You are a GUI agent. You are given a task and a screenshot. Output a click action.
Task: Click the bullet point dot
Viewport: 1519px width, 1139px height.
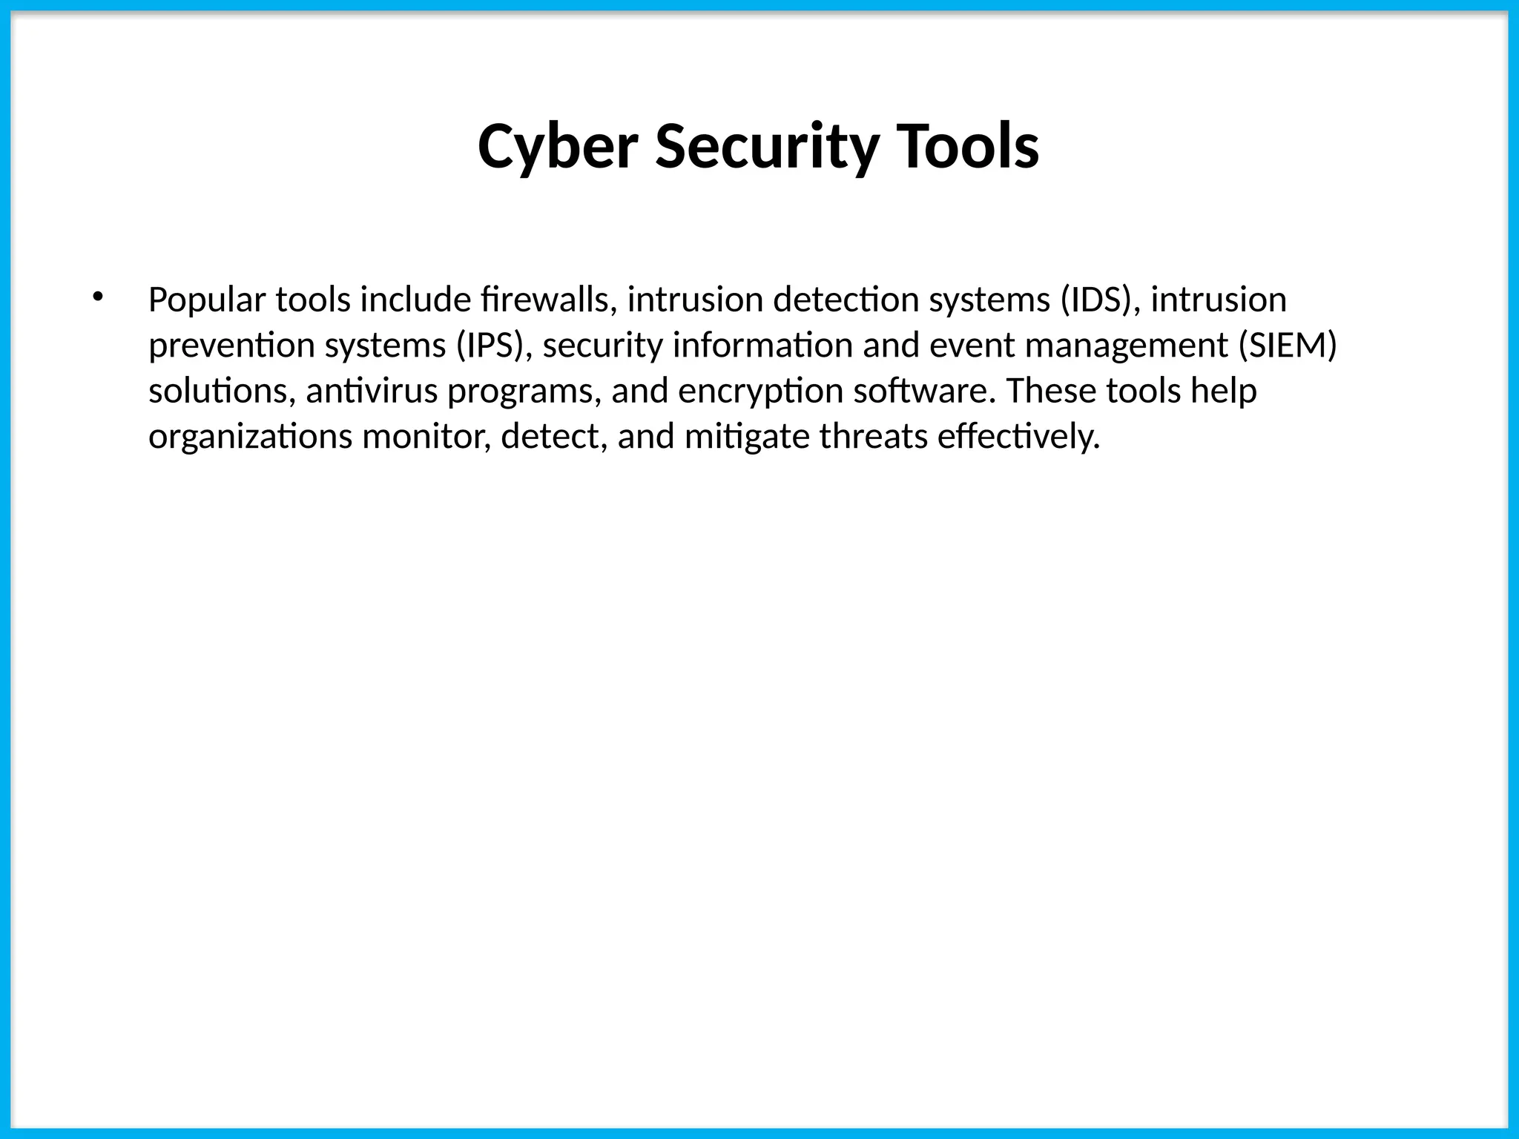pyautogui.click(x=97, y=298)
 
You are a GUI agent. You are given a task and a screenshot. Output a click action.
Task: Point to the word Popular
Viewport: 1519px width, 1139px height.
pyautogui.click(x=207, y=300)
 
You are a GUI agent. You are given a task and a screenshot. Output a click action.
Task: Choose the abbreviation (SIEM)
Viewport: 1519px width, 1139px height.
pyautogui.click(x=1288, y=346)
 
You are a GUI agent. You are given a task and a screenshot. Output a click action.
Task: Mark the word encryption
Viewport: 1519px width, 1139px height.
pyautogui.click(x=760, y=392)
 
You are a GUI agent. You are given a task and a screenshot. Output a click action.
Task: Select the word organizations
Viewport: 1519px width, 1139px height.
pyautogui.click(x=250, y=437)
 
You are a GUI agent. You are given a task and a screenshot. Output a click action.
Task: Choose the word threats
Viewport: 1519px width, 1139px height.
pyautogui.click(x=873, y=437)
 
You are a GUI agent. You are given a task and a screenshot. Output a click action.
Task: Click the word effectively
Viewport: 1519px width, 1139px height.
pyautogui.click(x=1018, y=437)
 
